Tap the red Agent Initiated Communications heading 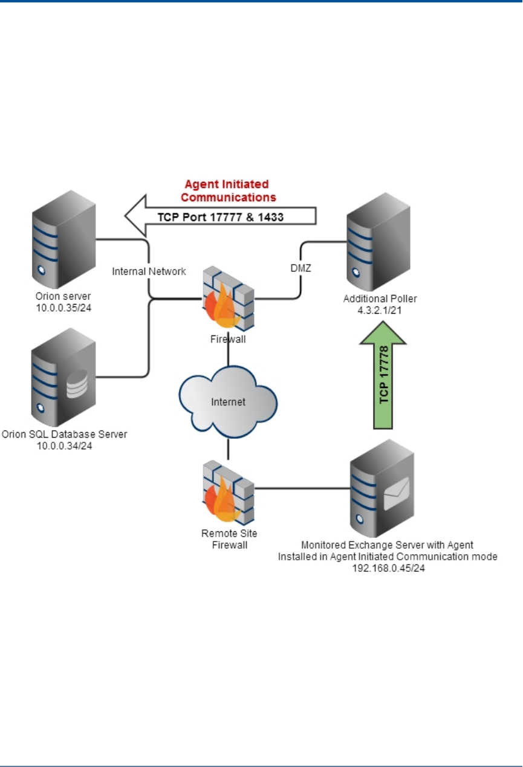tap(230, 190)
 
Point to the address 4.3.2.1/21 tap(380, 309)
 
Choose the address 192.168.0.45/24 tap(388, 568)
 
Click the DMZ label tap(300, 268)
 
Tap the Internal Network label tap(149, 271)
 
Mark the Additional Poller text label tap(380, 299)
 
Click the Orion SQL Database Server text tap(65, 434)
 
